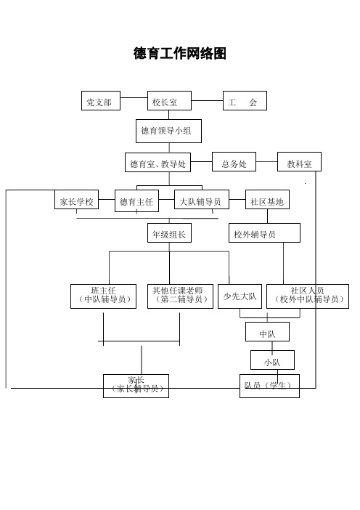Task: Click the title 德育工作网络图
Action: [180, 53]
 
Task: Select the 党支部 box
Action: [101, 100]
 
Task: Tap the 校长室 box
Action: [169, 101]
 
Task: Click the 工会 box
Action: [245, 100]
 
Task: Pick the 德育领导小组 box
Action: [168, 131]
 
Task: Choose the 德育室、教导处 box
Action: [158, 162]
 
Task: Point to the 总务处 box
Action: [234, 162]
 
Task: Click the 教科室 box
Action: [299, 162]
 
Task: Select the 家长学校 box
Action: [76, 199]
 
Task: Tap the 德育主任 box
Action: [136, 201]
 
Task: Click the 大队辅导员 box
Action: [202, 199]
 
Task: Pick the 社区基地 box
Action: [267, 199]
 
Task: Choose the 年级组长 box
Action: [169, 233]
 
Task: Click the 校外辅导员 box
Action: [264, 233]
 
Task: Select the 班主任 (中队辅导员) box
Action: [103, 296]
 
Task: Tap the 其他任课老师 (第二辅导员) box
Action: [180, 296]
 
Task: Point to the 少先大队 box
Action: [240, 296]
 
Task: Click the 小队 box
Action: [273, 360]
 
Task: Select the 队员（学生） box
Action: [270, 386]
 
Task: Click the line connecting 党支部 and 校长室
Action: [134, 97]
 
